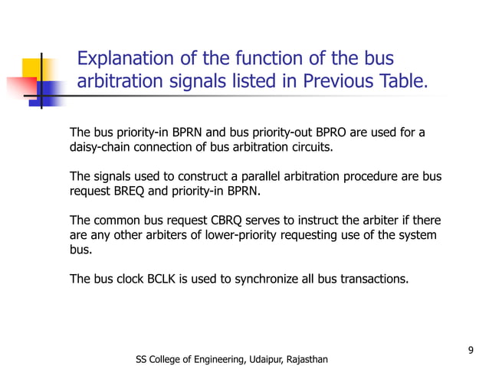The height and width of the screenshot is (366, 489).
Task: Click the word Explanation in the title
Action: pos(126,59)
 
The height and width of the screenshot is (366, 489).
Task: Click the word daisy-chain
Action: pos(103,148)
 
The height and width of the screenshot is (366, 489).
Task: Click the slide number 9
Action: pos(471,351)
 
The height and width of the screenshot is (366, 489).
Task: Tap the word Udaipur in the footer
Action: pos(272,359)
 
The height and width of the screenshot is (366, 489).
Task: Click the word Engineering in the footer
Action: pos(215,359)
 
